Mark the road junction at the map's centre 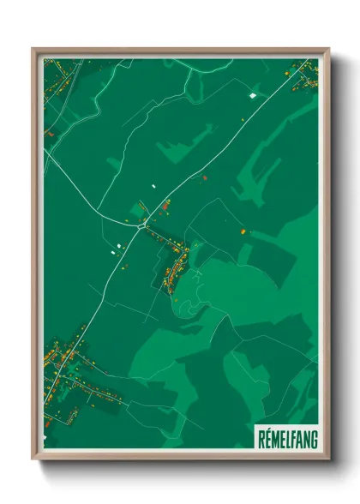pos(145,222)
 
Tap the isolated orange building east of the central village pos(243,231)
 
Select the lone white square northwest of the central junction pos(154,185)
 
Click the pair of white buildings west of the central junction pos(113,251)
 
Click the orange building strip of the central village pos(177,266)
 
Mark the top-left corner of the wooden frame pos(33,49)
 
